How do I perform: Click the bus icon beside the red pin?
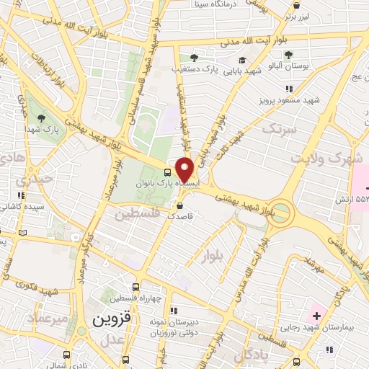[168, 172]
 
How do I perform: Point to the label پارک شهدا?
[39, 129]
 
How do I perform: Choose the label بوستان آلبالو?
[288, 66]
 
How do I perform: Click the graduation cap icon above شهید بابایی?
[242, 60]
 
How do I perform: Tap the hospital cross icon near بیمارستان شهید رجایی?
[316, 315]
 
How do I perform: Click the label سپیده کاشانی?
[22, 206]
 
